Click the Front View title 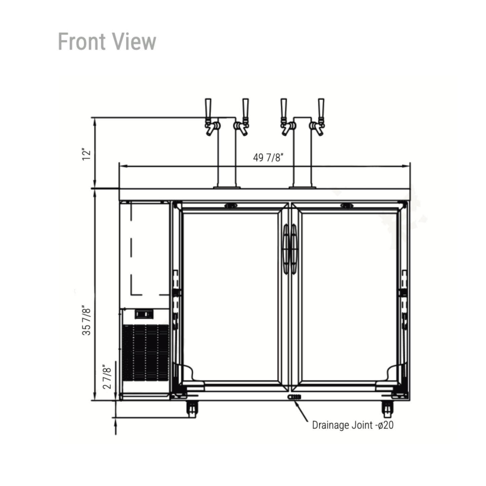click(x=107, y=42)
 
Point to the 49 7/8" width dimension click(x=268, y=158)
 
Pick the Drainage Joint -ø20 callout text click(x=352, y=425)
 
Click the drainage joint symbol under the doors click(x=294, y=397)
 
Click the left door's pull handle click(x=286, y=249)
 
